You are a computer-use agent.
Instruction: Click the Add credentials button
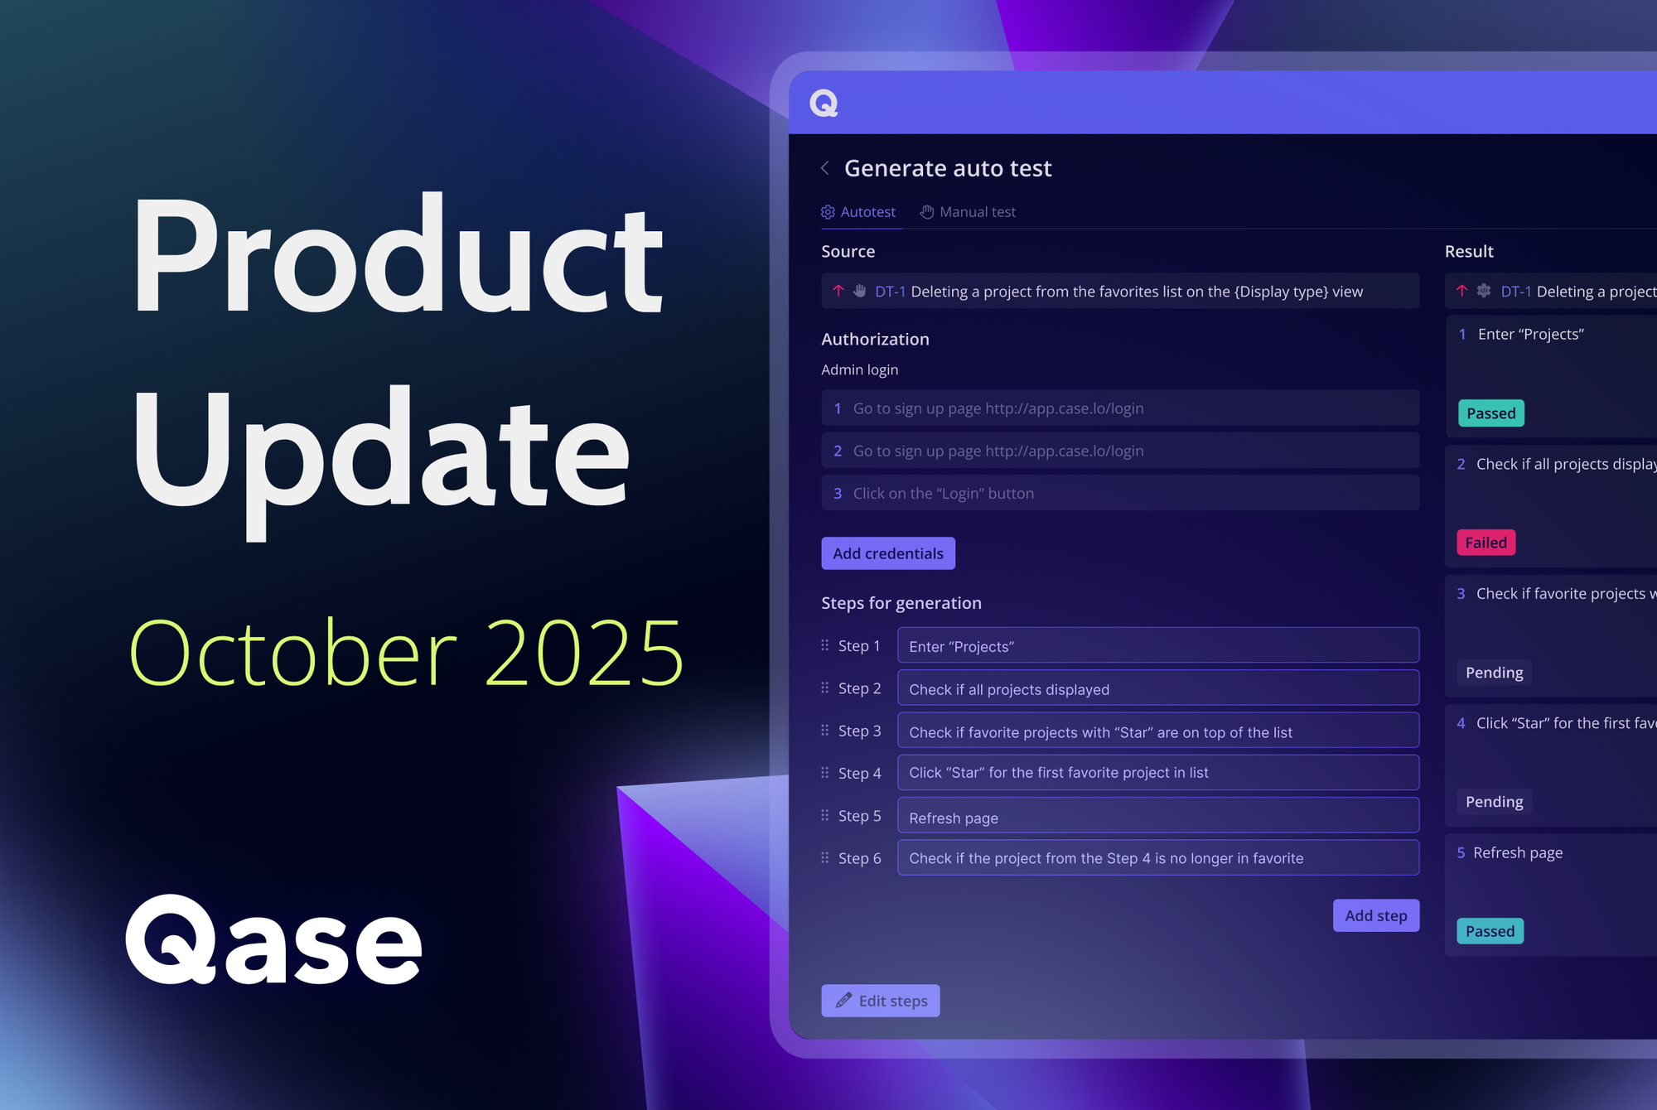(x=887, y=553)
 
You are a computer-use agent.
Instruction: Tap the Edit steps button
(x=880, y=1001)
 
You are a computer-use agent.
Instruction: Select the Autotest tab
(x=858, y=212)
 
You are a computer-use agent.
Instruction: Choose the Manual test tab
(x=968, y=212)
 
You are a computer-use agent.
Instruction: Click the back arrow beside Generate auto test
(x=825, y=168)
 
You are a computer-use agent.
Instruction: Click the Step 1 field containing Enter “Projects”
(x=1157, y=646)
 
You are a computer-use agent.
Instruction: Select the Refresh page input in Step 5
(x=1157, y=817)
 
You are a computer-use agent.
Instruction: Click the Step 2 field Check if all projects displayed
(x=1157, y=688)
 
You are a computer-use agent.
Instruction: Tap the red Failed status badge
(x=1486, y=543)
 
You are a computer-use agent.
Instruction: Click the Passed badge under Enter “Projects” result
(x=1490, y=413)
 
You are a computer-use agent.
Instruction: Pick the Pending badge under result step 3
(x=1494, y=673)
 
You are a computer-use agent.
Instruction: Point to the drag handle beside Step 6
(x=824, y=858)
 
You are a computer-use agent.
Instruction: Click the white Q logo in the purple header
(x=824, y=104)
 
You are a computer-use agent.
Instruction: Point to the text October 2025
(x=406, y=653)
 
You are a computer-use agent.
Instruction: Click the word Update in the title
(x=381, y=451)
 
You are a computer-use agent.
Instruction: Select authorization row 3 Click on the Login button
(x=1119, y=493)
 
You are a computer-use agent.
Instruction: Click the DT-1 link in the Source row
(x=890, y=292)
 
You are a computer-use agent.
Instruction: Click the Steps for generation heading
(x=901, y=603)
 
